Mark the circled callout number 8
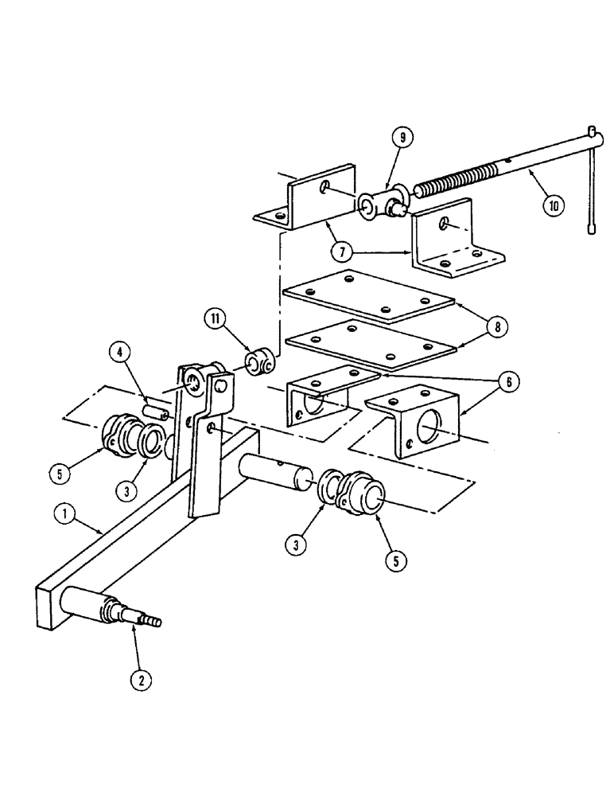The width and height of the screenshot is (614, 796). tap(499, 326)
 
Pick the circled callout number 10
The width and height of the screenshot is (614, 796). tap(554, 205)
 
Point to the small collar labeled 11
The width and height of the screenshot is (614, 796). tap(258, 363)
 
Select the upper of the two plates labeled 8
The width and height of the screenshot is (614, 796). tap(367, 295)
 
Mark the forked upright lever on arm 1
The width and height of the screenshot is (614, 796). tap(205, 434)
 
